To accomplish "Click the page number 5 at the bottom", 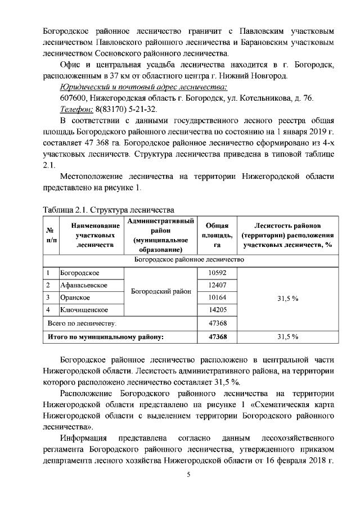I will [190, 475].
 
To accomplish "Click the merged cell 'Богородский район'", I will [161, 291].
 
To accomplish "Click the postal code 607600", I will [72, 98].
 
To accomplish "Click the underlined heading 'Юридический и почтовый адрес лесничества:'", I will [144, 87].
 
